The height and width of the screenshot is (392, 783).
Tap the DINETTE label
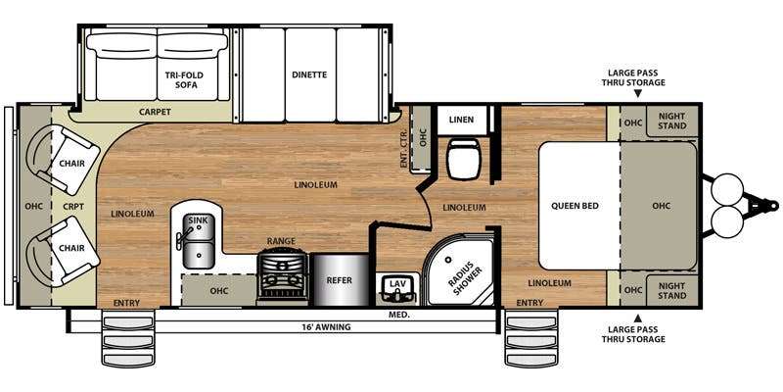click(x=309, y=75)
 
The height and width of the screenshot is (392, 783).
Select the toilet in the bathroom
click(x=464, y=158)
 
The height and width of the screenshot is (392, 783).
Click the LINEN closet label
click(x=461, y=120)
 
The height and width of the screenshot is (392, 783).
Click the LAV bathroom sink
click(x=398, y=289)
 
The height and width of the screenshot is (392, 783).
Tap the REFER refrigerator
click(x=340, y=280)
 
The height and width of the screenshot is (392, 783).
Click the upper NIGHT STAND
click(x=671, y=121)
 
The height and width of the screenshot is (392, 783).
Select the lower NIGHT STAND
click(x=671, y=290)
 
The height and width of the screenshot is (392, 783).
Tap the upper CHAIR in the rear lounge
click(x=64, y=160)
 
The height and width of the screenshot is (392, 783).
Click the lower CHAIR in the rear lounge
click(x=64, y=251)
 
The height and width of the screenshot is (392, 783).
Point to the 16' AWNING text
click(x=326, y=327)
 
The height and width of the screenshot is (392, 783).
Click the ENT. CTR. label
click(x=404, y=149)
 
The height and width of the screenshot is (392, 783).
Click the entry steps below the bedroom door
click(x=530, y=338)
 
